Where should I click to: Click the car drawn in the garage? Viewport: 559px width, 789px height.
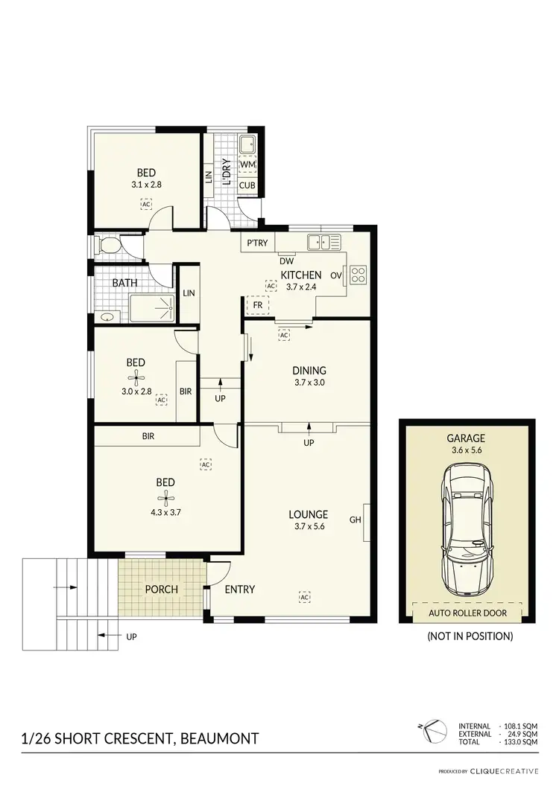(467, 526)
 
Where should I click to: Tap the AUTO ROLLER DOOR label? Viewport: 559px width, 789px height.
(467, 613)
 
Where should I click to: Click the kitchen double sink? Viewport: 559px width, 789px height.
(325, 241)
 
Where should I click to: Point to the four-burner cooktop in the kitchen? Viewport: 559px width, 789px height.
(357, 275)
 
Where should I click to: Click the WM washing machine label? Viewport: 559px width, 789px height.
(247, 164)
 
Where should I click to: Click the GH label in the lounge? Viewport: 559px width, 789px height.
(355, 520)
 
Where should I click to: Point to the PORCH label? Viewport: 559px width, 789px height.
(161, 589)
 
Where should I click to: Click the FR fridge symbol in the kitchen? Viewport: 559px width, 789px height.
(257, 305)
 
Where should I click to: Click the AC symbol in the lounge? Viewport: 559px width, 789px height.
(304, 597)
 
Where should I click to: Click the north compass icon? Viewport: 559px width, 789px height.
(430, 732)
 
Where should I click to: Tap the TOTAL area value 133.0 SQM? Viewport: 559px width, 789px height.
(519, 742)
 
